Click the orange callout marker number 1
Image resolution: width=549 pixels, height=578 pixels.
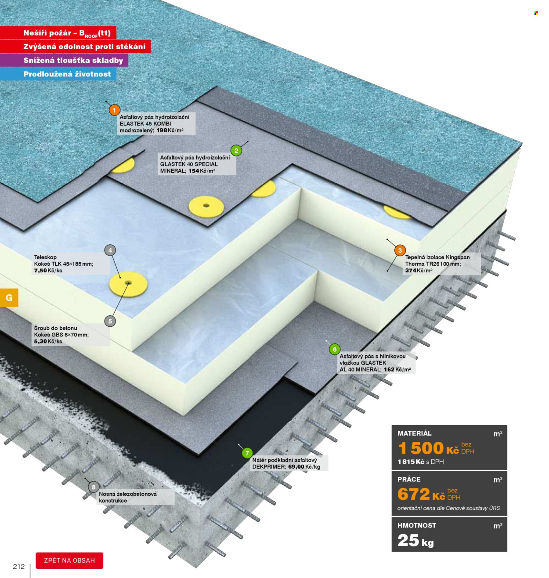point(114,110)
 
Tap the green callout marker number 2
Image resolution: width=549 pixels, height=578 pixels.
point(236,151)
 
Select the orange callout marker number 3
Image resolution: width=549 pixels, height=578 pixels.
point(400,250)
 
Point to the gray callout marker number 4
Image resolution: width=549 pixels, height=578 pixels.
point(110,250)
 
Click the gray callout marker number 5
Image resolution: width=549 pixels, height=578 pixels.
point(110,321)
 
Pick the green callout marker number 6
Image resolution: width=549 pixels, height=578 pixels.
point(334,349)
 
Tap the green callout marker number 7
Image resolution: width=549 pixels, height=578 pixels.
point(247,453)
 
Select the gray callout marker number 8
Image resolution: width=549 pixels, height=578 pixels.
point(94,487)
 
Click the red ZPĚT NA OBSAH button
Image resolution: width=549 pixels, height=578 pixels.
point(69,560)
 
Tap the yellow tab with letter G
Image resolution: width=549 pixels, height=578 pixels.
point(9,297)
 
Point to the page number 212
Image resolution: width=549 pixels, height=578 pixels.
point(19,567)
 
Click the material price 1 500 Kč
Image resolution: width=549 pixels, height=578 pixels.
point(428,448)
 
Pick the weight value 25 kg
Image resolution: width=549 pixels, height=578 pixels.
point(415,540)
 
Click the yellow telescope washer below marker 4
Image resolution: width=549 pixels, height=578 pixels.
point(128,284)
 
